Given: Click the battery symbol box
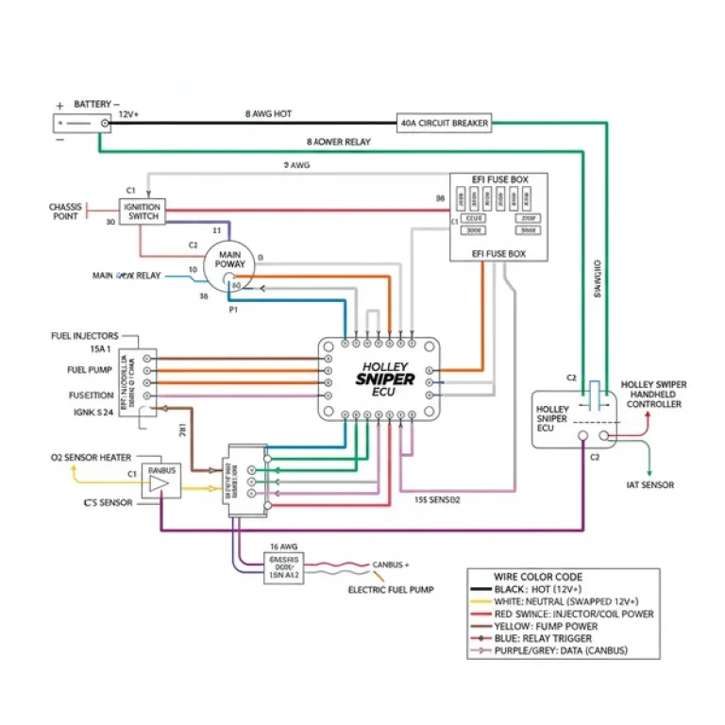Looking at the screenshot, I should tap(81, 124).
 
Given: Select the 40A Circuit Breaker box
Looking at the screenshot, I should tap(447, 123).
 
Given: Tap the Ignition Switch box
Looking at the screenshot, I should tap(143, 211).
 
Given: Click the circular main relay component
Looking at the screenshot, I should tap(231, 265).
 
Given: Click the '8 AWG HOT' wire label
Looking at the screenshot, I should tap(268, 113).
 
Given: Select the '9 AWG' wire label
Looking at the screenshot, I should tap(296, 165).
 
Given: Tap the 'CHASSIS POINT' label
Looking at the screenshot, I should tap(65, 211).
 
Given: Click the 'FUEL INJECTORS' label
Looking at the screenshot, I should tap(85, 336).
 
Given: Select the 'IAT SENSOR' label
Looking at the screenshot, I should tap(651, 484).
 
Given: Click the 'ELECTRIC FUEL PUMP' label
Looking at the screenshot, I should tap(391, 590).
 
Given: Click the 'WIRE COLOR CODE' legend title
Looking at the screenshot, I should tap(538, 577).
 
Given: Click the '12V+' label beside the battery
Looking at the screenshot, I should tap(128, 114).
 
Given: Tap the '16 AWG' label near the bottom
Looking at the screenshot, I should tap(285, 546).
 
